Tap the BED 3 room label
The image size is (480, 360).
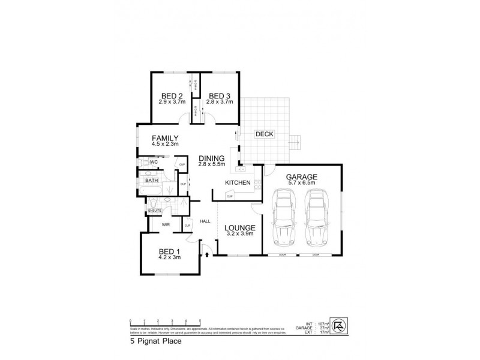tap(219, 97)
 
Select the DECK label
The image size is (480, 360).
tap(265, 134)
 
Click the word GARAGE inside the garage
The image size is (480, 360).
tap(301, 176)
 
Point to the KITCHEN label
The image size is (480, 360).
tap(238, 182)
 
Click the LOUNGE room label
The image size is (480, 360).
tap(240, 228)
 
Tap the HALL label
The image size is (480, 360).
tap(205, 222)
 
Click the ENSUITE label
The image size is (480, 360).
tap(155, 210)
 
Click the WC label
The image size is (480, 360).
tap(154, 162)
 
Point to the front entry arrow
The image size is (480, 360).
tap(207, 254)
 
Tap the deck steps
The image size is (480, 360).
tap(293, 143)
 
